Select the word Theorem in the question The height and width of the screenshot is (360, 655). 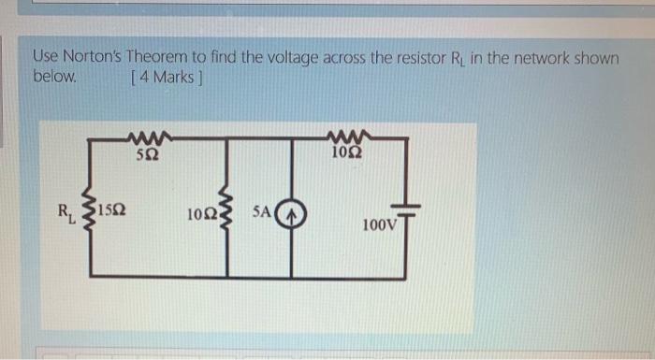(x=166, y=58)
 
